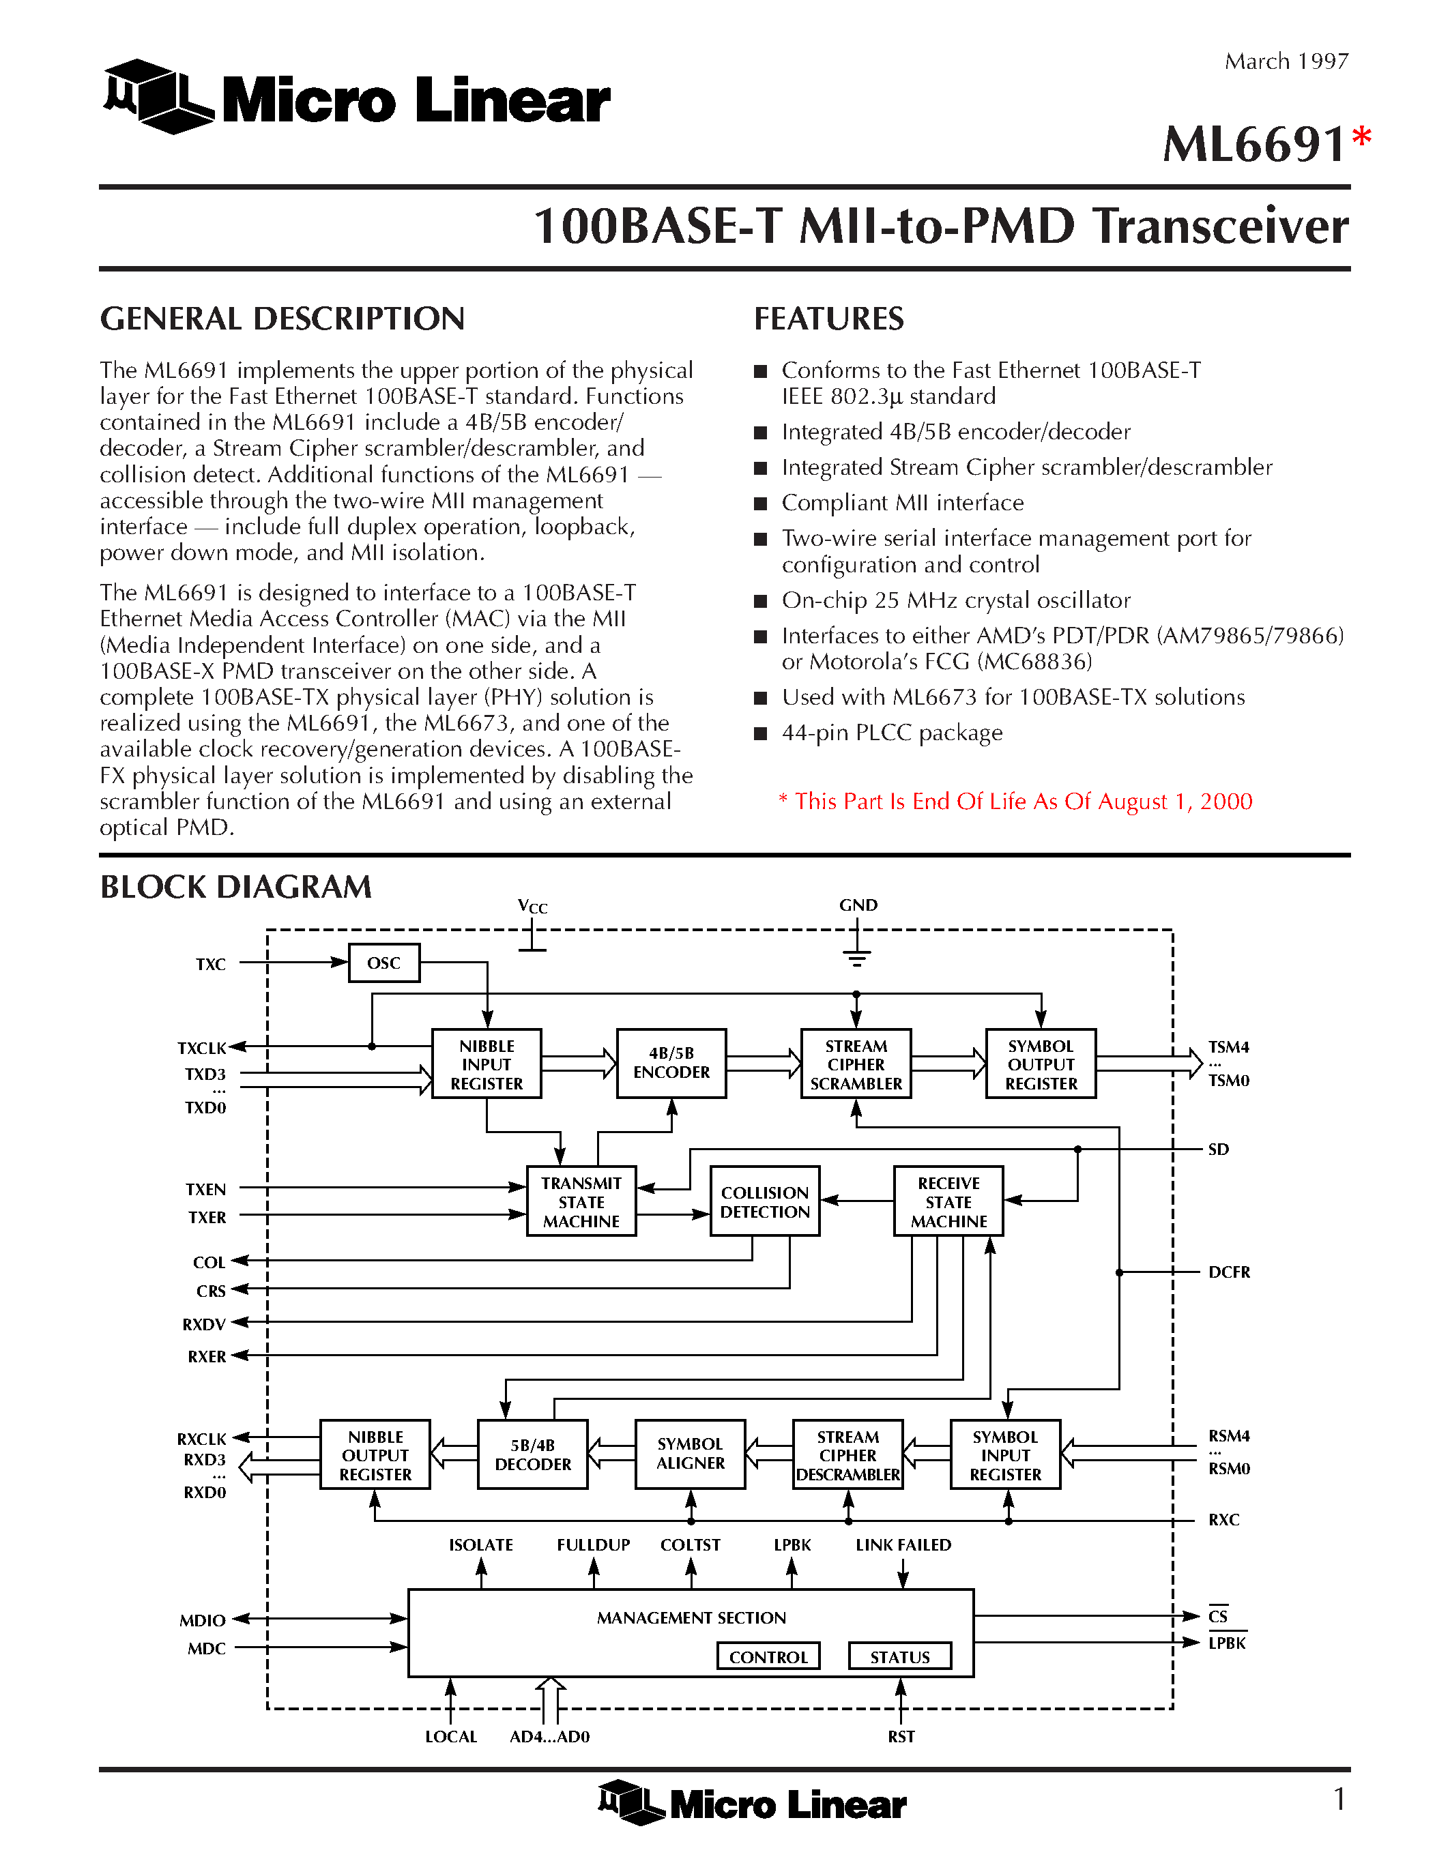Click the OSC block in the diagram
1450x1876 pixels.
384,963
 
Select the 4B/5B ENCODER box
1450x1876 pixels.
671,1063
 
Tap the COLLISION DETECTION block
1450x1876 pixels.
764,1202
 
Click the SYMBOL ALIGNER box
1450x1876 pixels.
690,1453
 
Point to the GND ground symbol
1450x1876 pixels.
856,954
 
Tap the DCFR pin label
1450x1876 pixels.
1228,1272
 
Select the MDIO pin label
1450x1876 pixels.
203,1620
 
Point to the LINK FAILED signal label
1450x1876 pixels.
903,1544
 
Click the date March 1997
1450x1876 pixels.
1286,61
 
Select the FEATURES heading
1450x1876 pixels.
828,319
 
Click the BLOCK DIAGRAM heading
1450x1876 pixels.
236,886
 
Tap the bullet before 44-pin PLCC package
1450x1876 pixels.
760,733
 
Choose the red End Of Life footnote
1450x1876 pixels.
1015,802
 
